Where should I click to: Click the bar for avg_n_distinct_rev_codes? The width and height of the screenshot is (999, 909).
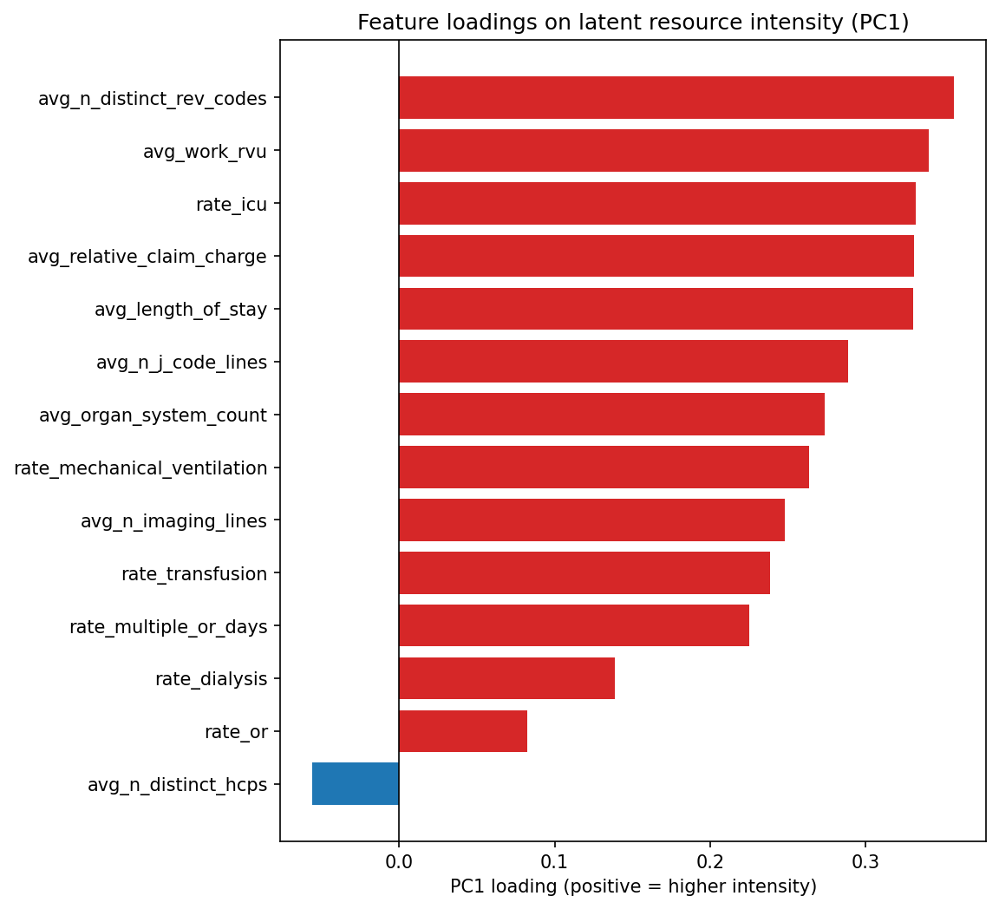[x=676, y=98]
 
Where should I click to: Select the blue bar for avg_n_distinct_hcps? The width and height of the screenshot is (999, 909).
[x=356, y=784]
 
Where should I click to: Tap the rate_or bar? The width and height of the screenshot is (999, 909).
[x=462, y=731]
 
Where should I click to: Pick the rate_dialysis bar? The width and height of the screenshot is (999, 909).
[x=506, y=678]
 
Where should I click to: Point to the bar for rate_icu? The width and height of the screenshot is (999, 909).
[x=656, y=204]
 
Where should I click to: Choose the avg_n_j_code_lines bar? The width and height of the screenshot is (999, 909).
[x=623, y=362]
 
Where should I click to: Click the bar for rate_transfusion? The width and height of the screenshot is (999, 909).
[x=584, y=573]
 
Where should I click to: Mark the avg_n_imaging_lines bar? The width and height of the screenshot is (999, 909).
[x=591, y=520]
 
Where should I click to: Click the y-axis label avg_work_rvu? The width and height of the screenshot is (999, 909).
[x=205, y=152]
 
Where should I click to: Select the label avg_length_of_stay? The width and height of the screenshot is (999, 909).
[x=180, y=310]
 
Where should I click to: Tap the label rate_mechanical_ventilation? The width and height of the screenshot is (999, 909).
[x=140, y=468]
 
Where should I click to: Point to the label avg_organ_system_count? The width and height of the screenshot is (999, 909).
[x=153, y=415]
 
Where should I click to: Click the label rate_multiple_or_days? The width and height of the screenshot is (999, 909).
[x=168, y=626]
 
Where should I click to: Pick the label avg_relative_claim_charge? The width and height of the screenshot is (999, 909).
[x=147, y=257]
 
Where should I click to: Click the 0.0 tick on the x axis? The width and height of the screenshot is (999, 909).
[x=399, y=862]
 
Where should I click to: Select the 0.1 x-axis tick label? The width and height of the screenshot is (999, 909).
[x=554, y=862]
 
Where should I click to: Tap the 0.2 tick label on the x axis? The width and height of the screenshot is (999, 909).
[x=710, y=862]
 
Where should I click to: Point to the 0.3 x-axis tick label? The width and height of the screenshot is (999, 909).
[x=865, y=862]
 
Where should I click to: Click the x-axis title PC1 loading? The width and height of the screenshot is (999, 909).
[x=633, y=886]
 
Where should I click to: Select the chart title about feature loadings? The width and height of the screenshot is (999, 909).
[x=633, y=23]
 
